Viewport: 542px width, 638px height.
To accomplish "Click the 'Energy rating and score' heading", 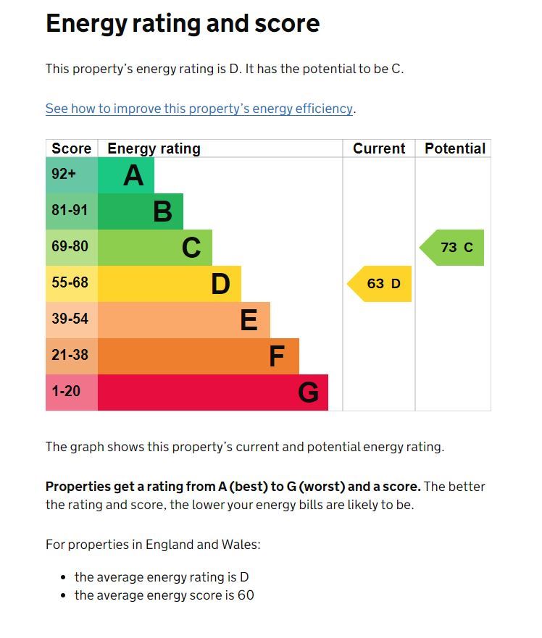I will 183,24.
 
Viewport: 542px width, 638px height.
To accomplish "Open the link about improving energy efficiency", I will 199,109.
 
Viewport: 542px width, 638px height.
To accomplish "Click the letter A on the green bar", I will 133,175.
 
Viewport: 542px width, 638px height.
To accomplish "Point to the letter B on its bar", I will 162,211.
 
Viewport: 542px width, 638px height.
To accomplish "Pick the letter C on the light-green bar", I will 191,248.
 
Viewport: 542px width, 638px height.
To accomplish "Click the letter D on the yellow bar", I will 220,284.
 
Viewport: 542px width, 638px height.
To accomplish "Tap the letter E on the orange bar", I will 249,320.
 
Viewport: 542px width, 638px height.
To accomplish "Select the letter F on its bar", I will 277,356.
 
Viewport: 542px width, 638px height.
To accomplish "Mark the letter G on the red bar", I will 308,393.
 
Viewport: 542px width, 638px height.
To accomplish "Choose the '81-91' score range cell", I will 70,210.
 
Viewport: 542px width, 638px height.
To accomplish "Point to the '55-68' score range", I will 70,282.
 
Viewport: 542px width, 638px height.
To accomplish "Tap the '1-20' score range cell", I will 66,391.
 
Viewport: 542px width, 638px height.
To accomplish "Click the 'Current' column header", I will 379,148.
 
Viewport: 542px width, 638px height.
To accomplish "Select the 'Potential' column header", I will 454,148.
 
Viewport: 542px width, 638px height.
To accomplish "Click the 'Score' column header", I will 71,148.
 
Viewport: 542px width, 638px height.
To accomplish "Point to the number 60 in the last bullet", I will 245,596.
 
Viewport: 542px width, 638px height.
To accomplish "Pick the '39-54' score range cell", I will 70,319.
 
